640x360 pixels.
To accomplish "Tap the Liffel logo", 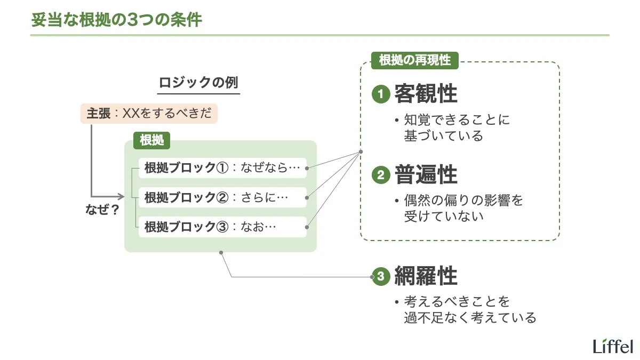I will tap(613, 346).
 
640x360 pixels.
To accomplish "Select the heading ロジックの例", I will tap(199, 83).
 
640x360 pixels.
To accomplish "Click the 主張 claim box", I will tap(149, 114).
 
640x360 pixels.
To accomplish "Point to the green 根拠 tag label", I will tap(152, 140).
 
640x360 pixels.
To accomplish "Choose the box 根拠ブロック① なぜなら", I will tap(222, 168).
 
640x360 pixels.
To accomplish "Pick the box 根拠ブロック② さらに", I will tap(222, 197).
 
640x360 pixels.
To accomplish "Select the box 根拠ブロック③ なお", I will tap(222, 227).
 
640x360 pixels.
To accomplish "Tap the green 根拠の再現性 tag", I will tap(414, 60).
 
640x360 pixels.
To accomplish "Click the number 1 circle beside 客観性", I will tap(381, 95).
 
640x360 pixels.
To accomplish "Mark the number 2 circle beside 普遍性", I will tap(381, 175).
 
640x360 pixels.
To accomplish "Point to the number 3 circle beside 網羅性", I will tap(381, 277).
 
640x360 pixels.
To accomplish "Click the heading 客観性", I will tap(426, 94).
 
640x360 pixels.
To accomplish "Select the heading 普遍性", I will tap(426, 175).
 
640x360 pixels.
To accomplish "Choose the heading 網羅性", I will tap(426, 276).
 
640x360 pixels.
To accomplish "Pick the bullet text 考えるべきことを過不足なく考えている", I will tap(469, 310).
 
